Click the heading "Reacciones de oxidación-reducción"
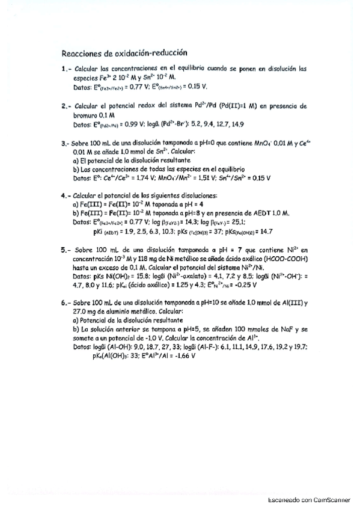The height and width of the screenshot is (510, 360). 124,52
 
